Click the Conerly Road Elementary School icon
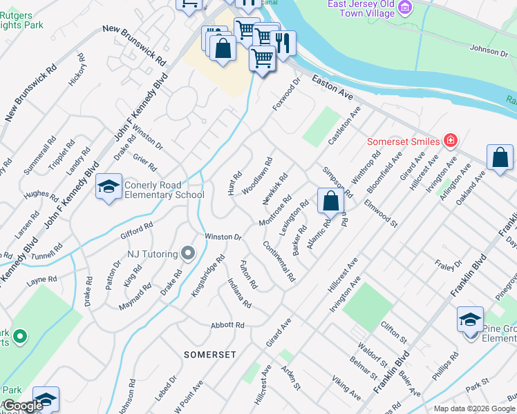click(109, 187)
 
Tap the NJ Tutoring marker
click(187, 254)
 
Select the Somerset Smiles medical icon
click(451, 141)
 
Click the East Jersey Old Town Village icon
click(405, 8)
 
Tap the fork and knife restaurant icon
click(283, 43)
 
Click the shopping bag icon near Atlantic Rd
click(331, 201)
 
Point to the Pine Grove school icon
click(470, 319)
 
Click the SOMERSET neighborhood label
click(210, 354)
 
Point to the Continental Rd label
click(279, 262)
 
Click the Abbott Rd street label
click(229, 324)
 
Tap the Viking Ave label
click(346, 388)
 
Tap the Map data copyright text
click(473, 408)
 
